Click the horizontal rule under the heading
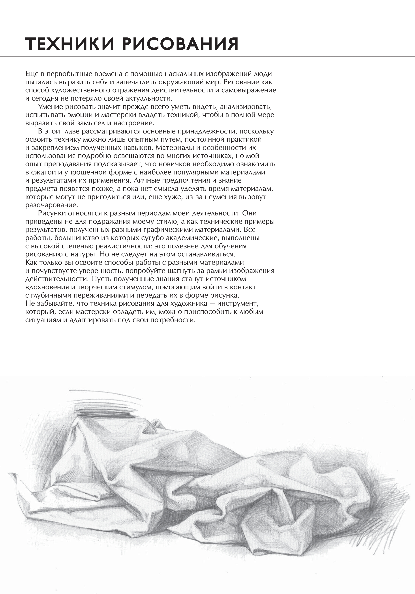tap(207, 56)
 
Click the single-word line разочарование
tap(51, 205)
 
